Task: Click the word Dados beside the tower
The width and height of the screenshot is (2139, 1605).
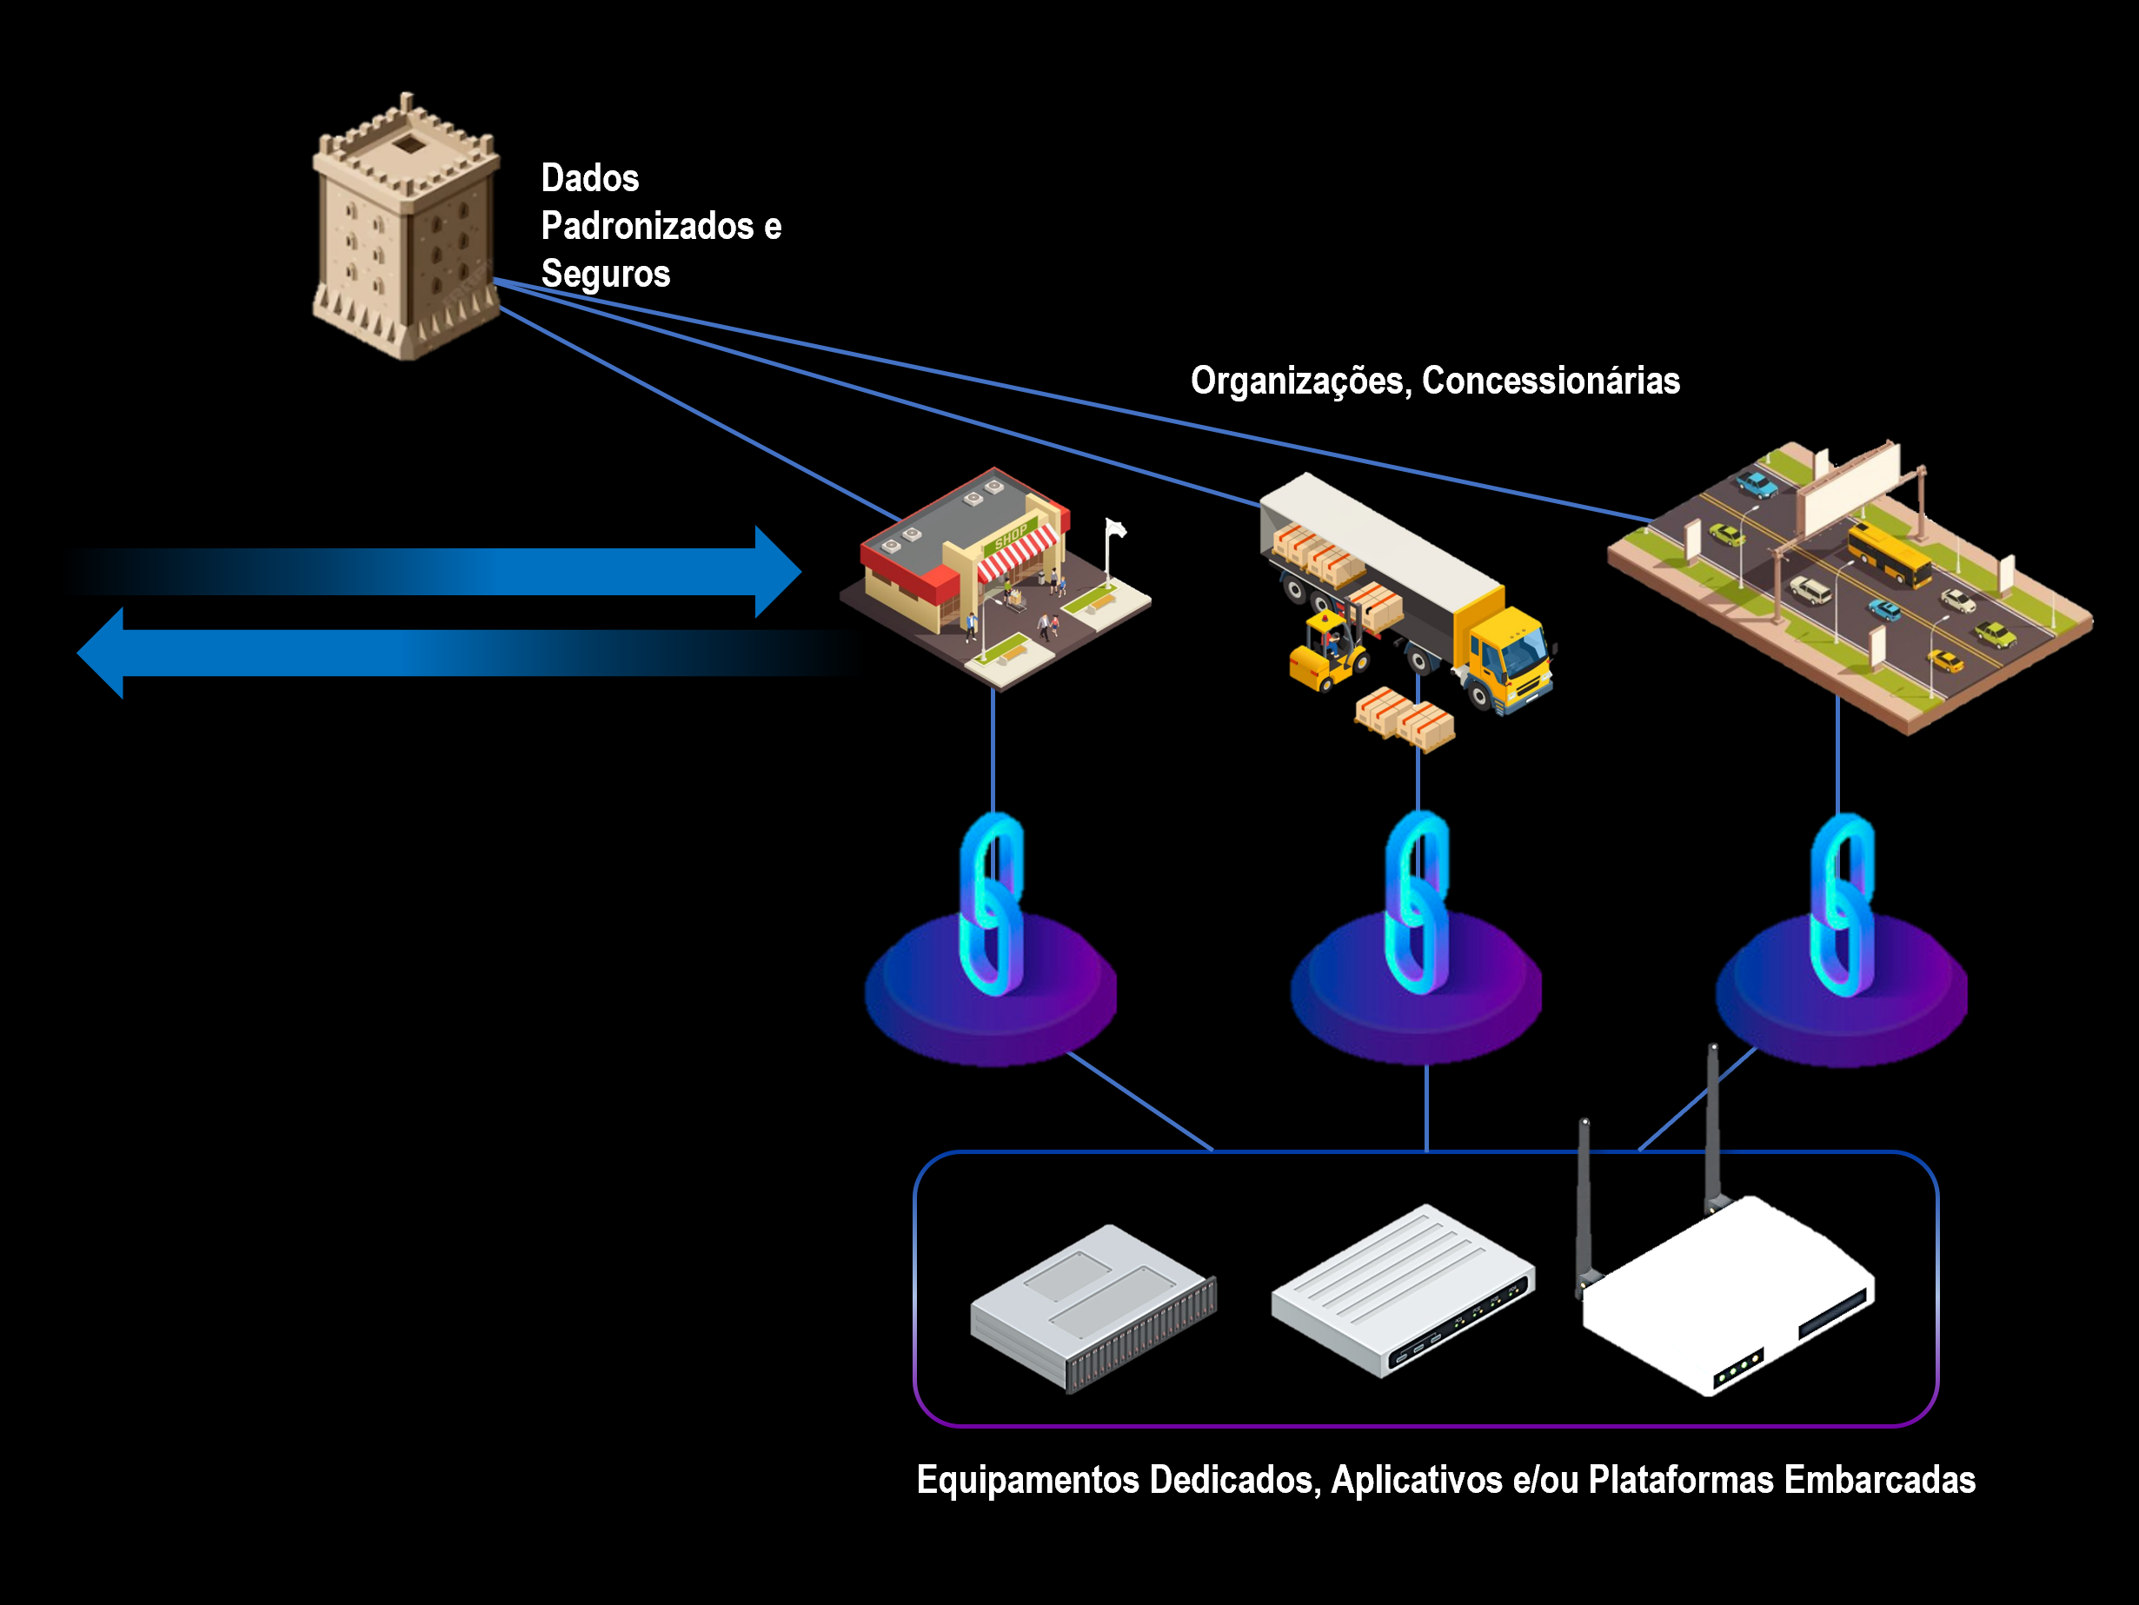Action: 590,179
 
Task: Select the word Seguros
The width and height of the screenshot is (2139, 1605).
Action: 605,274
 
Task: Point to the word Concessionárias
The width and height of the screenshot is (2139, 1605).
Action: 1551,381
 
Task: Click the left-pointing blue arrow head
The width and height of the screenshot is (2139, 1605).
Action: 102,653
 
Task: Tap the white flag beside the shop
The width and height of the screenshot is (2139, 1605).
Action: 1116,529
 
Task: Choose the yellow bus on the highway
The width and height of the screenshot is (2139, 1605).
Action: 1890,553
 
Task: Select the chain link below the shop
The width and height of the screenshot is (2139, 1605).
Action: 992,904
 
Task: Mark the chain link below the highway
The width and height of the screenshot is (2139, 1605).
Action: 1842,904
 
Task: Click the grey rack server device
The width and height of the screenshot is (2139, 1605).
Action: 1093,1305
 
